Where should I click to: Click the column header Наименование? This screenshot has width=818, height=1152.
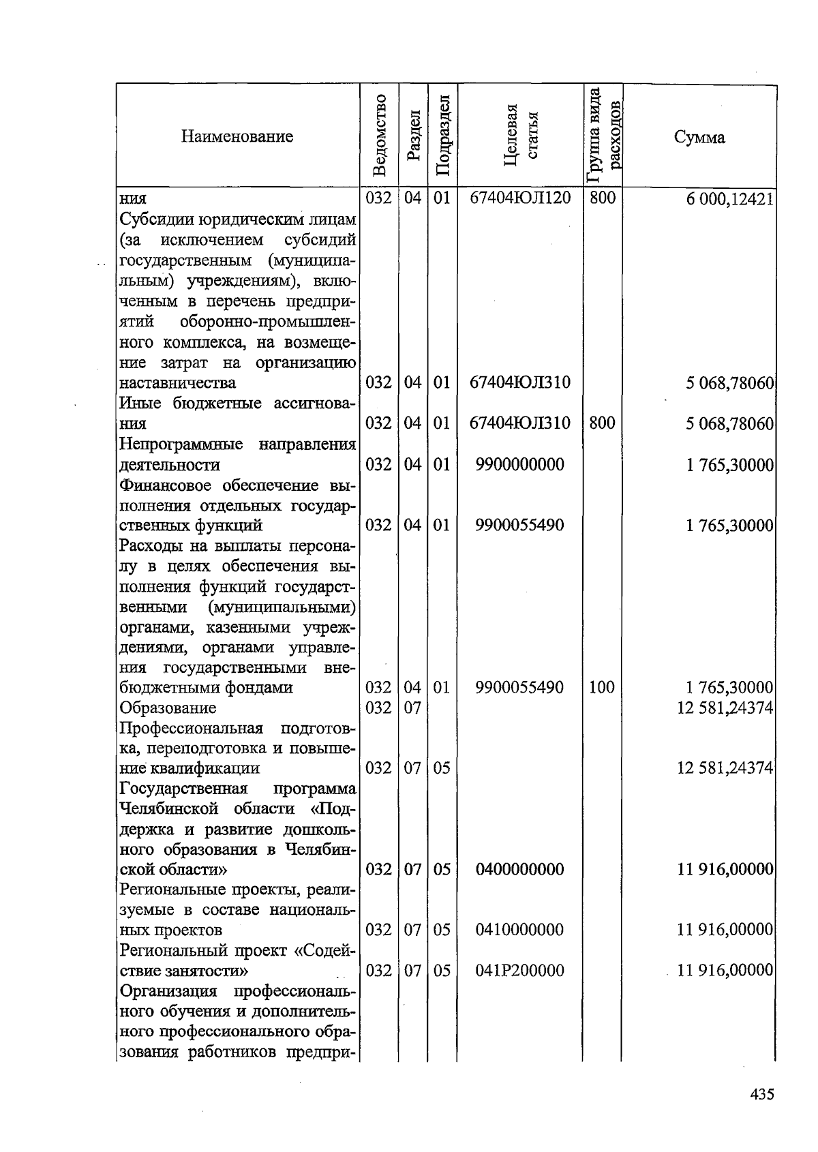point(237,136)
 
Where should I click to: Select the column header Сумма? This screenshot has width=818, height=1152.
point(700,137)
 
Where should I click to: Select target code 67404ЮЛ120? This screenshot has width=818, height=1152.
point(520,198)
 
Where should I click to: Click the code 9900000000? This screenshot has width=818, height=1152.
point(520,465)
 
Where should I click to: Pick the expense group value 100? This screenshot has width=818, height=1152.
point(602,687)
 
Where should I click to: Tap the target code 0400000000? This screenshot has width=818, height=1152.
point(520,869)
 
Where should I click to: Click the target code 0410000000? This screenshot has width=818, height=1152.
point(520,930)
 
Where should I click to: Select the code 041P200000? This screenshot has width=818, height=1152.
point(520,970)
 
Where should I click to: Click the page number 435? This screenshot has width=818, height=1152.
point(761,1095)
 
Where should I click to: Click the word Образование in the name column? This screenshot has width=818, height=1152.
point(168,708)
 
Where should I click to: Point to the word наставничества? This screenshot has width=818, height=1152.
point(178,383)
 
